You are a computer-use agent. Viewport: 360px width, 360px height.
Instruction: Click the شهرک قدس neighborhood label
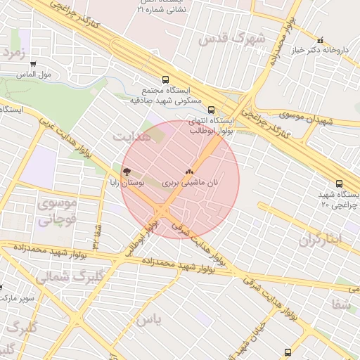pyautogui.click(x=232, y=39)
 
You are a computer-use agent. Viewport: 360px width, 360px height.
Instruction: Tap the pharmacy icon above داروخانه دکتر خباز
pyautogui.click(x=321, y=40)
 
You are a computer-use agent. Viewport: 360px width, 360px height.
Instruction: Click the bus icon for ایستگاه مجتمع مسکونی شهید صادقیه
pyautogui.click(x=166, y=79)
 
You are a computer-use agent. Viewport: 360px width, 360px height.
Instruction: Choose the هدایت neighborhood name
pyautogui.click(x=132, y=136)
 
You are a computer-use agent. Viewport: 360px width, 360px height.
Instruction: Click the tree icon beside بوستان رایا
pyautogui.click(x=127, y=171)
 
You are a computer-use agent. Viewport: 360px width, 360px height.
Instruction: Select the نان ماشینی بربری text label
pyautogui.click(x=191, y=182)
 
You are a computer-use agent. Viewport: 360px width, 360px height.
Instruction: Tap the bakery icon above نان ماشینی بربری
pyautogui.click(x=188, y=171)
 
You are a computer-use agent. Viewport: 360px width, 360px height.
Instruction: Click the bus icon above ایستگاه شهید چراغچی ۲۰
pyautogui.click(x=339, y=184)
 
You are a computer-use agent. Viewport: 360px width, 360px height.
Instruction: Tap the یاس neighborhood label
pyautogui.click(x=149, y=320)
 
